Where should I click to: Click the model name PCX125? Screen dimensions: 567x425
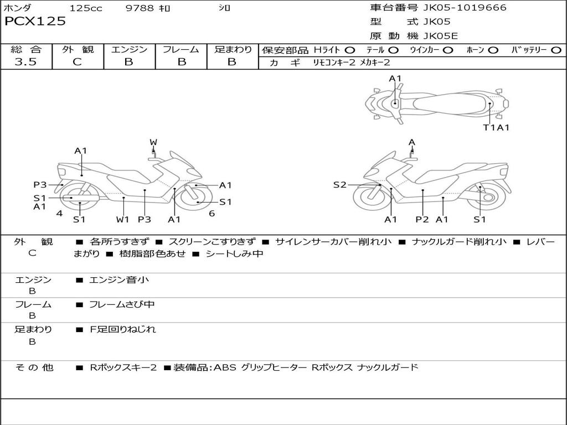pyautogui.click(x=35, y=22)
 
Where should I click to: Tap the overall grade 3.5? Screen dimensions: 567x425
pyautogui.click(x=25, y=62)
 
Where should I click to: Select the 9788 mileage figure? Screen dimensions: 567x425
pyautogui.click(x=140, y=8)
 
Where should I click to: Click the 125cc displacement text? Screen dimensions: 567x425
pyautogui.click(x=85, y=8)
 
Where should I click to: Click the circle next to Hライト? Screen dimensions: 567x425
pyautogui.click(x=350, y=50)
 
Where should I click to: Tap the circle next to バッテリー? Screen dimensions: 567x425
pyautogui.click(x=556, y=50)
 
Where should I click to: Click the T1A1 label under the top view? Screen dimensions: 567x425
pyautogui.click(x=496, y=128)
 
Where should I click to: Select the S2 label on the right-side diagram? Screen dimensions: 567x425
pyautogui.click(x=339, y=185)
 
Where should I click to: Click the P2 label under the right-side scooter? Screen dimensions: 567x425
pyautogui.click(x=422, y=220)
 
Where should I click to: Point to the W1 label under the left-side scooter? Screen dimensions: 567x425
pyautogui.click(x=122, y=220)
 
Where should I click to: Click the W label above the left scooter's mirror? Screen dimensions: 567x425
pyautogui.click(x=153, y=143)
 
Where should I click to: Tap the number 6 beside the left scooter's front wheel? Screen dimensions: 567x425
pyautogui.click(x=212, y=214)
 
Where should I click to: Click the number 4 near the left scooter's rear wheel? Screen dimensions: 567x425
pyautogui.click(x=59, y=214)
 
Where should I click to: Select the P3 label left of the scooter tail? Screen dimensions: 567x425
pyautogui.click(x=39, y=185)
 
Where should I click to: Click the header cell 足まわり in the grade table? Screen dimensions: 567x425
pyautogui.click(x=233, y=49)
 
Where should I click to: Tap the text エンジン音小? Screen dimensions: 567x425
pyautogui.click(x=119, y=280)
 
